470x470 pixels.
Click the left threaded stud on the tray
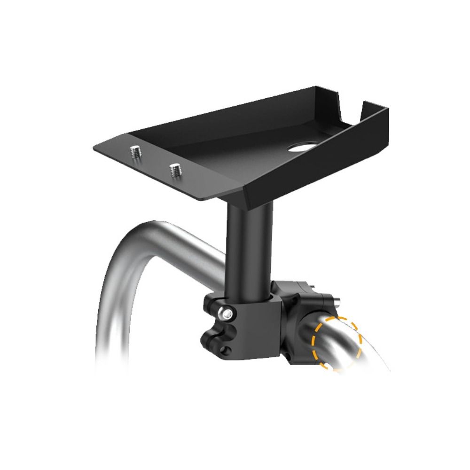click(x=135, y=152)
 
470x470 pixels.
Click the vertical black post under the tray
click(x=249, y=249)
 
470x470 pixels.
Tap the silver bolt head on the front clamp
click(x=228, y=313)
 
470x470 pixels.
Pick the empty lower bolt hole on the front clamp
click(x=227, y=349)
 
